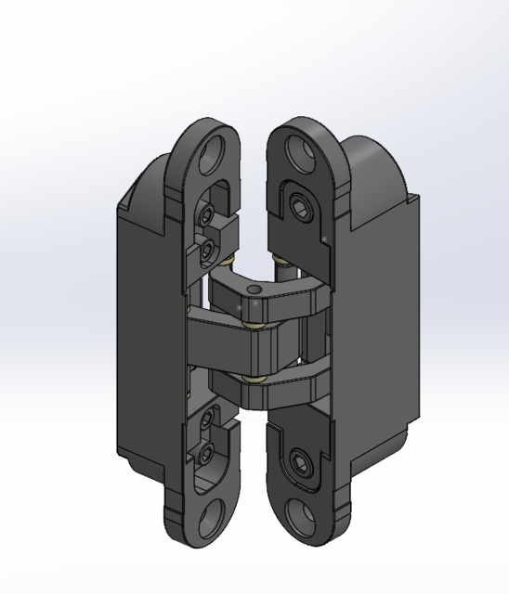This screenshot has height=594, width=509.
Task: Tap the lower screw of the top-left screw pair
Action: (x=207, y=246)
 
